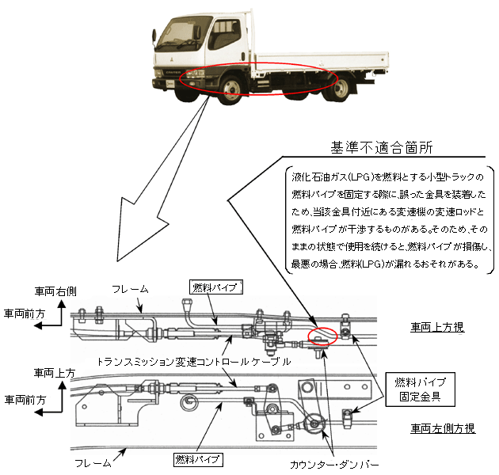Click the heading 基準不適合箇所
point(386,148)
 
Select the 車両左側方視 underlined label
point(442,428)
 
